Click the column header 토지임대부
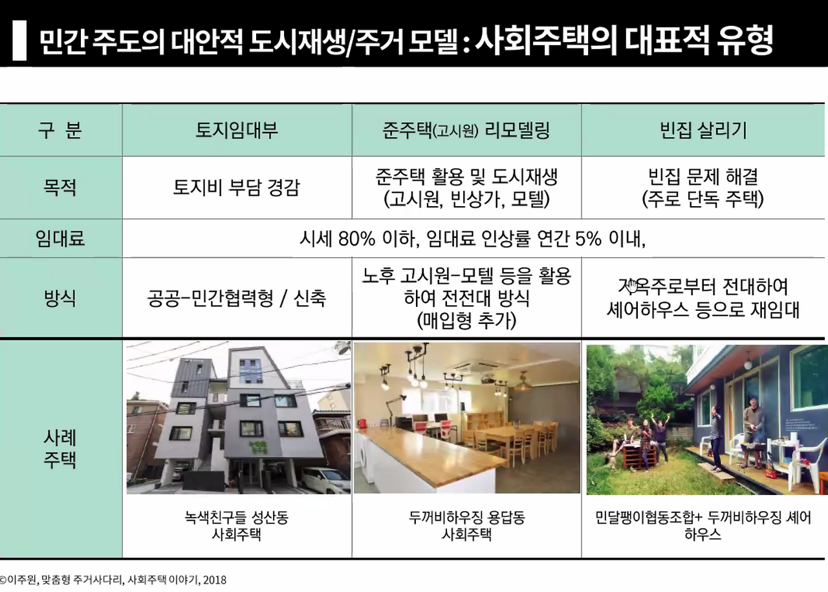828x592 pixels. pos(237,131)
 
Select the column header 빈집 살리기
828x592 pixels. pos(703,131)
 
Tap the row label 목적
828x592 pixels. pos(61,188)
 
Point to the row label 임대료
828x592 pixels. pos(61,239)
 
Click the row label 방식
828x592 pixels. pos(61,298)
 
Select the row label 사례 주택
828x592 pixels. pos(61,449)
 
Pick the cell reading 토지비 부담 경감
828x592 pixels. pos(237,188)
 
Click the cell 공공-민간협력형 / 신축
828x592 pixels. pos(237,298)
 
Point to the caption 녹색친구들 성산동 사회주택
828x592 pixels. pos(237,526)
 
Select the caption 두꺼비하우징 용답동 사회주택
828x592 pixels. pos(466,526)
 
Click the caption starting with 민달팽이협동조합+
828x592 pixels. pos(703,526)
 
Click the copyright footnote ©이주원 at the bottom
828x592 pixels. pos(113,580)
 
